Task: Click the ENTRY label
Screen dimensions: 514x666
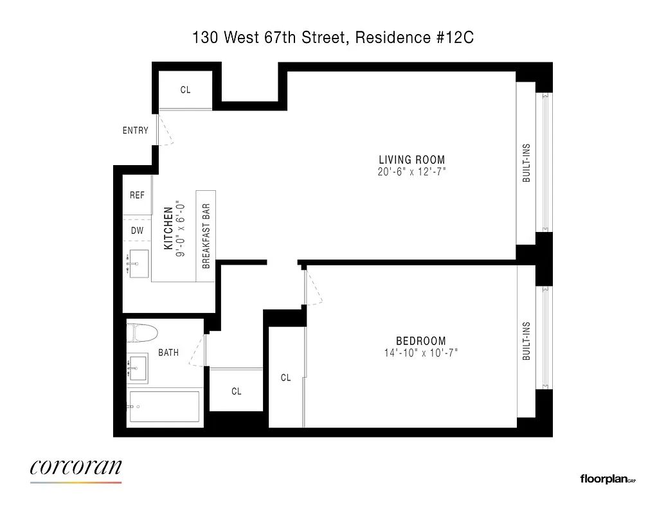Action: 135,130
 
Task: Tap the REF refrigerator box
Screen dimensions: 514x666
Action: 137,195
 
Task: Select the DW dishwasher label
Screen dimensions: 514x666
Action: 137,231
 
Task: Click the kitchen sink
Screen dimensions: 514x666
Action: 137,263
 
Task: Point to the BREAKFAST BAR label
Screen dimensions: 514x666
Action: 206,236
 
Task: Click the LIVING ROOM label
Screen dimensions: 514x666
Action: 411,160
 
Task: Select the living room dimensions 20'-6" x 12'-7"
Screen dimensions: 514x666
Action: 411,172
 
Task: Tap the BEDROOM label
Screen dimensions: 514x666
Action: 420,341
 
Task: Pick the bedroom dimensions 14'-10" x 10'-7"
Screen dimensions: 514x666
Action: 420,353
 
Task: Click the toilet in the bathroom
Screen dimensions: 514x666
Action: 143,333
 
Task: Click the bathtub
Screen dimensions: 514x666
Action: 164,406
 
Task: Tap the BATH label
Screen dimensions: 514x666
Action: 168,352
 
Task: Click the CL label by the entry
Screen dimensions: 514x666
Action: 185,91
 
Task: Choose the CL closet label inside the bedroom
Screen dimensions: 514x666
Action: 285,378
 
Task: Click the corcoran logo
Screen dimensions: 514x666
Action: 76,467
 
